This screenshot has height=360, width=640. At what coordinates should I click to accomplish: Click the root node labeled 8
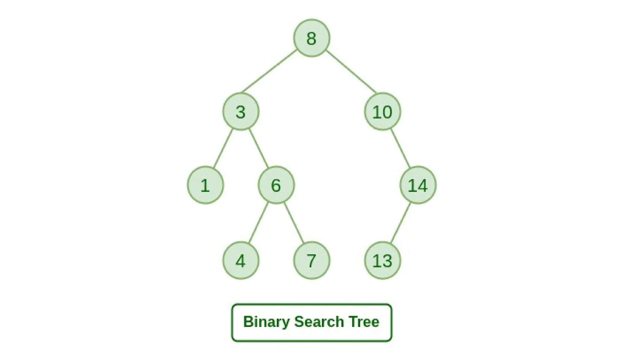[x=312, y=38]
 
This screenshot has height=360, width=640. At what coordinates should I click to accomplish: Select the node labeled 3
[x=241, y=112]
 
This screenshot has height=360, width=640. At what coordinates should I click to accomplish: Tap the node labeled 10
[x=382, y=112]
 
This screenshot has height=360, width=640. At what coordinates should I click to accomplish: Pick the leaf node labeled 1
[x=205, y=185]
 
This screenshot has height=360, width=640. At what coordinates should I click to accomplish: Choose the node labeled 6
[x=276, y=185]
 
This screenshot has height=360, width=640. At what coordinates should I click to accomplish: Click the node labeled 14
[x=418, y=185]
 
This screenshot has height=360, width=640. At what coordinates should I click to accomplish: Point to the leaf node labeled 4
[x=241, y=260]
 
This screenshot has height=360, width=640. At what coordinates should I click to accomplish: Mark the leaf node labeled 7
[x=312, y=260]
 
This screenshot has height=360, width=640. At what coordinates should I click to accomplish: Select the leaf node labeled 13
[x=382, y=260]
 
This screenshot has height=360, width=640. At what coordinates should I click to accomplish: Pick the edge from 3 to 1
[x=223, y=148]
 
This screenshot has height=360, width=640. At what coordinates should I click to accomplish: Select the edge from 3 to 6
[x=258, y=148]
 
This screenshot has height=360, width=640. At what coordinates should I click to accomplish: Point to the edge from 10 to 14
[x=400, y=148]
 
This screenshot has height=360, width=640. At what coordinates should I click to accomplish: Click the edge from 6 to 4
[x=258, y=223]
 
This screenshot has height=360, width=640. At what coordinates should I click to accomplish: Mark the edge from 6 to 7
[x=294, y=223]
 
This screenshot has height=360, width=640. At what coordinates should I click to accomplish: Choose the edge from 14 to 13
[x=400, y=223]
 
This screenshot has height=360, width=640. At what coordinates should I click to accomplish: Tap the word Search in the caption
[x=319, y=322]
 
